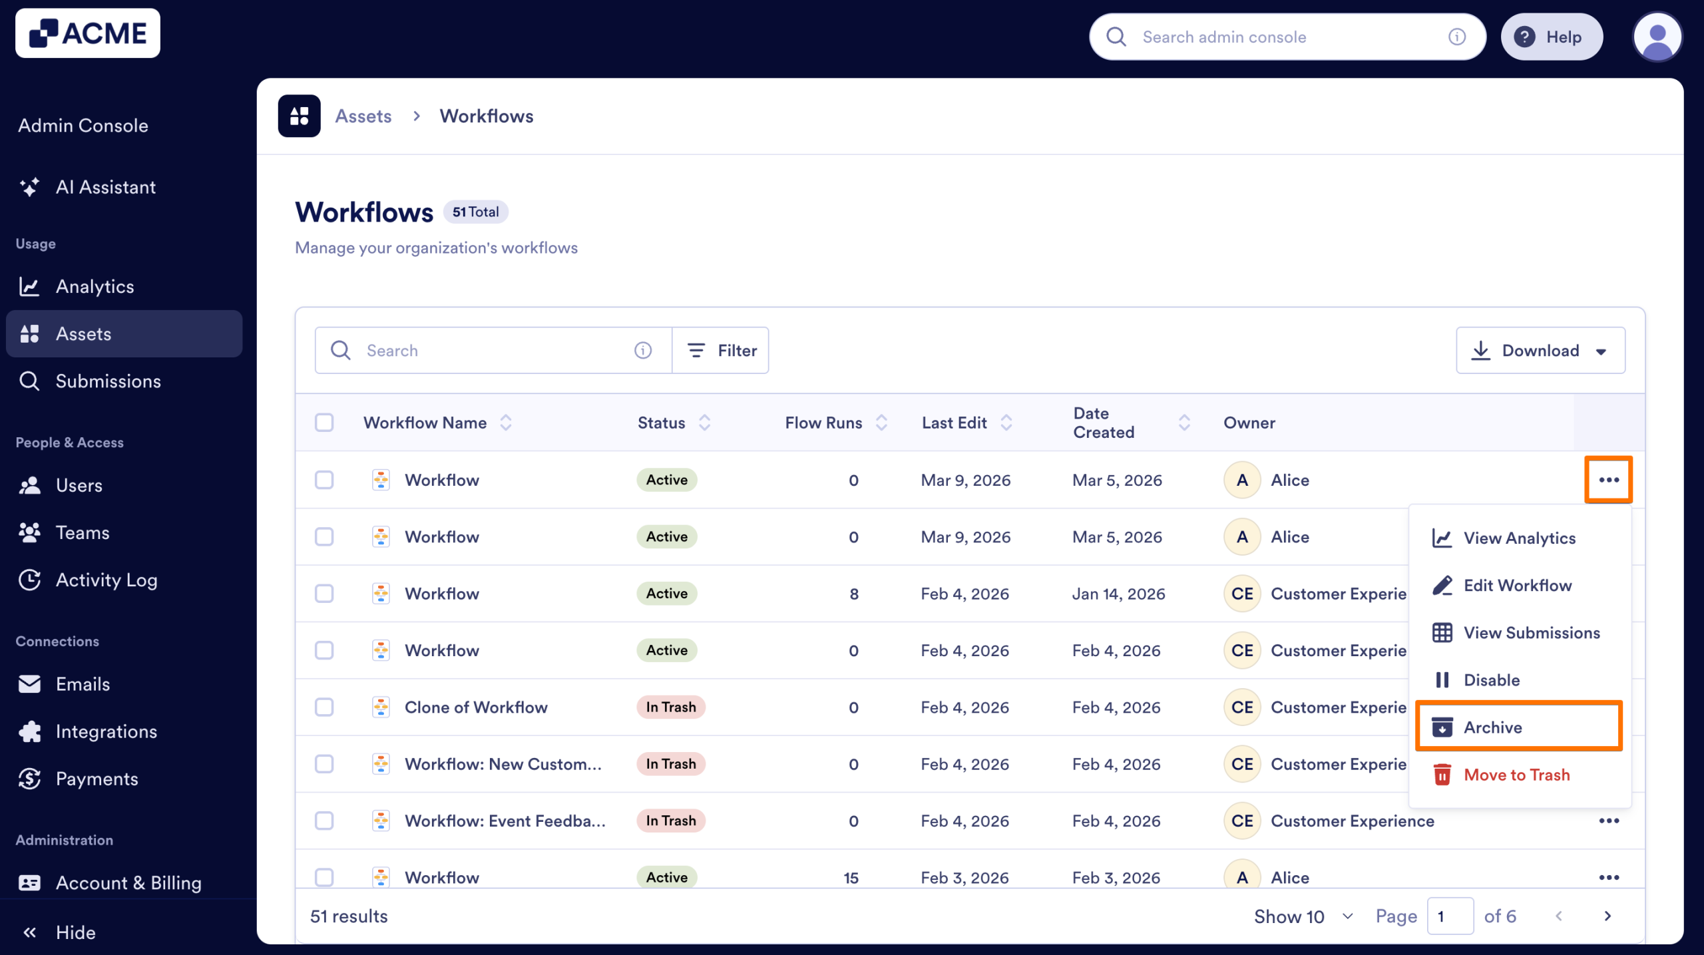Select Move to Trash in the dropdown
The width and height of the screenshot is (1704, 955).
coord(1516,775)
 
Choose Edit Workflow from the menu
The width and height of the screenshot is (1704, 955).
coord(1517,586)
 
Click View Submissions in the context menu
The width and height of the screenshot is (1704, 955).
coord(1531,633)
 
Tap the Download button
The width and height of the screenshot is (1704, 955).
coord(1540,351)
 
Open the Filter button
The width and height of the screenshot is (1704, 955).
coord(721,351)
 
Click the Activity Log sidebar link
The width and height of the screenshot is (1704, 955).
coord(106,580)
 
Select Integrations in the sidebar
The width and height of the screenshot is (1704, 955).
coord(106,731)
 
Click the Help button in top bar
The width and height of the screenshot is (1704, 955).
coord(1551,37)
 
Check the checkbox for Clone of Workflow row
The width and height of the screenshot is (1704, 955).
coord(324,707)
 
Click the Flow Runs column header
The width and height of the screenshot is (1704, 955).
coord(823,423)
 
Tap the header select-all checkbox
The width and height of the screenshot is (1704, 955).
coord(324,423)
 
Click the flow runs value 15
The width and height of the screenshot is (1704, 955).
coord(851,877)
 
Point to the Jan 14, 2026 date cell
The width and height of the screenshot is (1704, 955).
coord(1118,594)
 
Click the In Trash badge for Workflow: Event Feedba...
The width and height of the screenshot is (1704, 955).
coord(670,821)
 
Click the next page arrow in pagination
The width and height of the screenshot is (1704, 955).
coord(1607,916)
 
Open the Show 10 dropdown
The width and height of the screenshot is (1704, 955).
coord(1303,916)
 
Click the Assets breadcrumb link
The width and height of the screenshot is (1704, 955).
coord(363,116)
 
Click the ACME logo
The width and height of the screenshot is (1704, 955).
coord(88,33)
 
